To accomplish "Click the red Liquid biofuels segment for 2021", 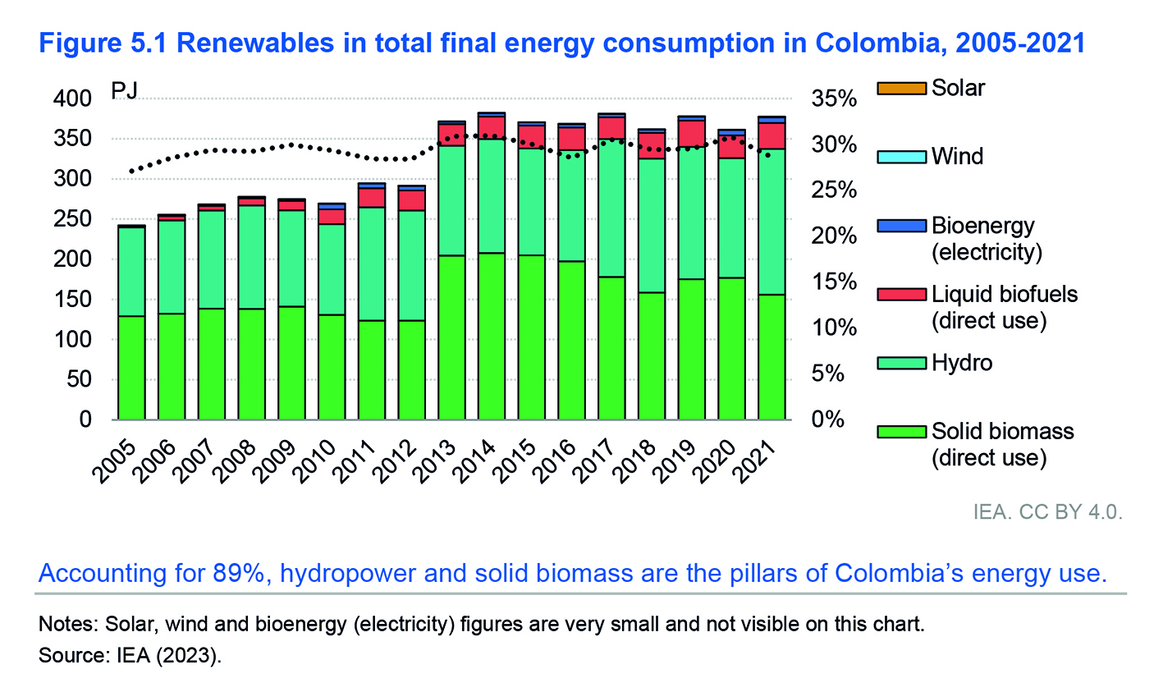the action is coord(772,136).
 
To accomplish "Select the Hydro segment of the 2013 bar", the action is coord(451,201).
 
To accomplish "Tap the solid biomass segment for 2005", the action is coord(132,368).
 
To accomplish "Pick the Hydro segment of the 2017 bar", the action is coord(611,209).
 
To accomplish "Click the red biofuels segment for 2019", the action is coord(692,134).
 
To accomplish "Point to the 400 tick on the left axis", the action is coord(72,99).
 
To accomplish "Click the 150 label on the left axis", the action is coord(72,300).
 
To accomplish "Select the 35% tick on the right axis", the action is coord(834,99).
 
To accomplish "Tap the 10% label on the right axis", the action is coord(834,328).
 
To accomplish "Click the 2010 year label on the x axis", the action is coord(314,461).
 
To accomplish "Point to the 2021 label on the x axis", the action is coord(755,461).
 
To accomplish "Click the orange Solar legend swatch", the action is coord(901,89).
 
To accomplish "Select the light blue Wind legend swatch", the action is coord(901,157).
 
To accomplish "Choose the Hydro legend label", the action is coord(962,363).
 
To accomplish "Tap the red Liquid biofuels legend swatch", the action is coord(901,295).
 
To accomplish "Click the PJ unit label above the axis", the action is coord(124,91).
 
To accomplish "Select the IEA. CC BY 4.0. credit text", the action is coord(1048,512).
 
